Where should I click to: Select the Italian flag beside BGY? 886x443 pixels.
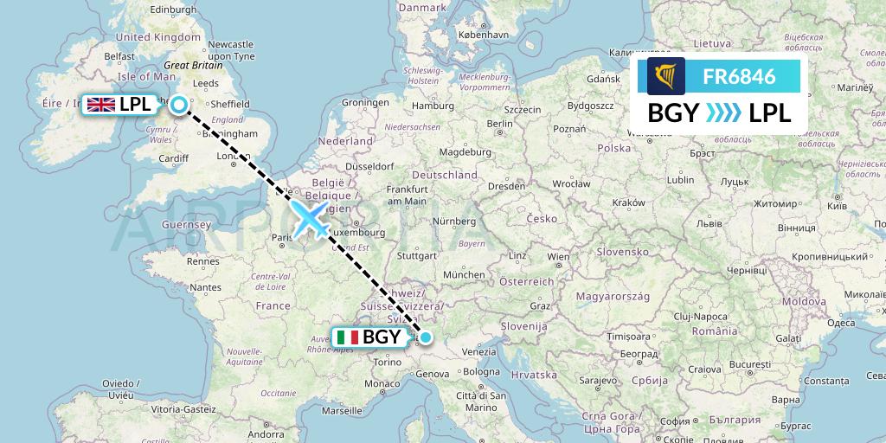349,337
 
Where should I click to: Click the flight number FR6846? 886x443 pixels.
738,76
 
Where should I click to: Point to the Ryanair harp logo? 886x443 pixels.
665,76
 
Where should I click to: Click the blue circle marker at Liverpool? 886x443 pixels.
178,105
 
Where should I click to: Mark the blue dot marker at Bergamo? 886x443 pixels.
425,337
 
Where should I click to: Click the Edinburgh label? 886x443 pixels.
174,10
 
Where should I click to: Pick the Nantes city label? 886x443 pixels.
205,287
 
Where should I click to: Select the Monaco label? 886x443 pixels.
382,383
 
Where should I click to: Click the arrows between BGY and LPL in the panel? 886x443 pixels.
724,112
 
